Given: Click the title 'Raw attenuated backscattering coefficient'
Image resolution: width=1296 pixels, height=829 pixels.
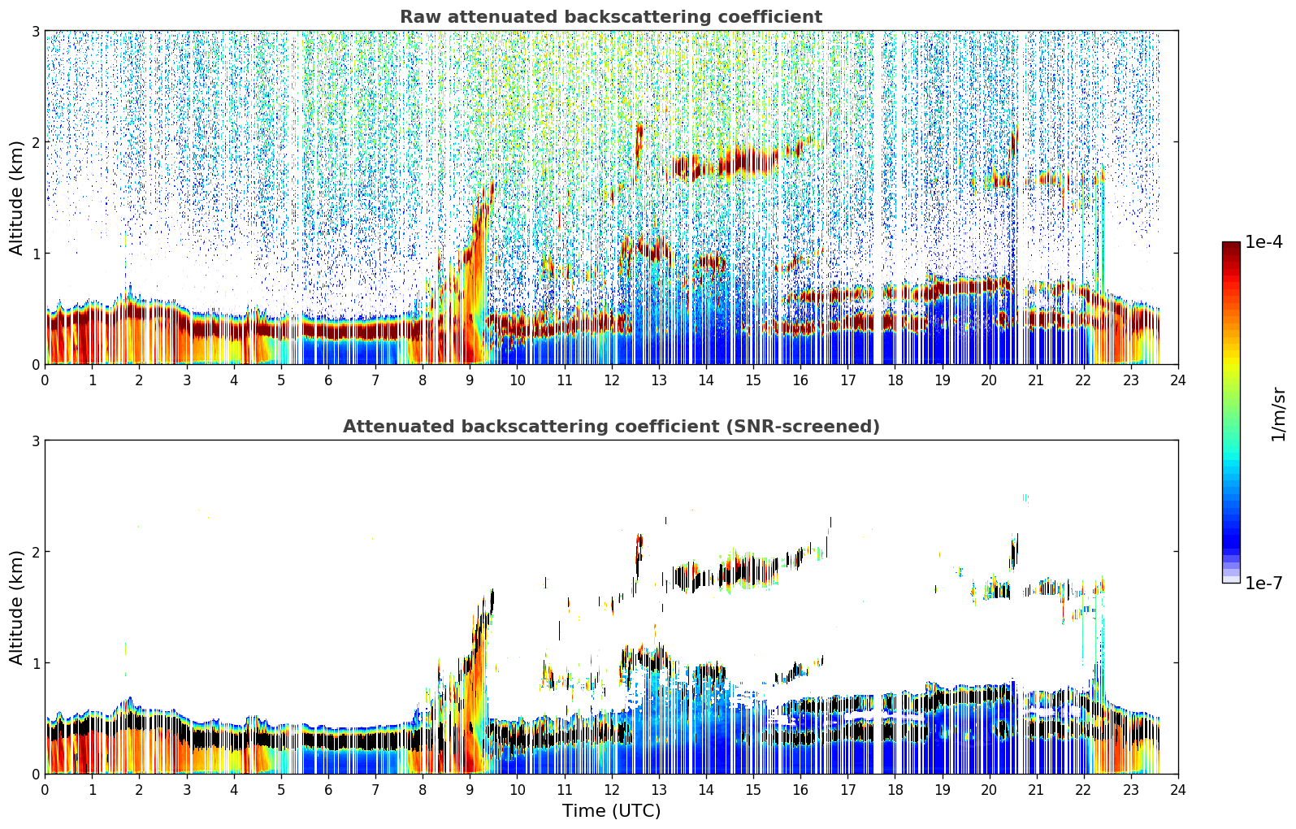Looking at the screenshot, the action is pyautogui.click(x=611, y=17).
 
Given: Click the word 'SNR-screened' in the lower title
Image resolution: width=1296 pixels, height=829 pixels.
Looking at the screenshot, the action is pyautogui.click(x=803, y=427).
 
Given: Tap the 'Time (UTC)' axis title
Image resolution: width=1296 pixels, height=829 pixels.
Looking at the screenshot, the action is pyautogui.click(x=611, y=811).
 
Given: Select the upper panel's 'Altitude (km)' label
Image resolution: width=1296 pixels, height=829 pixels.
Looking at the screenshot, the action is pyautogui.click(x=15, y=198).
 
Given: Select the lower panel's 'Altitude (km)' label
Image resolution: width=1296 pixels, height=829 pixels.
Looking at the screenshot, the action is pyautogui.click(x=15, y=608).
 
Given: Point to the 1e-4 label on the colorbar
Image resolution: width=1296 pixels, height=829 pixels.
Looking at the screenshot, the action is pyautogui.click(x=1263, y=242).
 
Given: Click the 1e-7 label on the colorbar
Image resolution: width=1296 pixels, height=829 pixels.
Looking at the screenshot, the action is pyautogui.click(x=1263, y=583).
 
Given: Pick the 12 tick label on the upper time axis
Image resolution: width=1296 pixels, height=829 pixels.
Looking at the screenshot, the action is pyautogui.click(x=612, y=380).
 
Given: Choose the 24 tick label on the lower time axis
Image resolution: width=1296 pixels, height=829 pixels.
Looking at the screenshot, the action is pyautogui.click(x=1178, y=790).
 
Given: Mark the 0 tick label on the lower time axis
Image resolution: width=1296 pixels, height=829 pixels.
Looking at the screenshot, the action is pyautogui.click(x=46, y=790).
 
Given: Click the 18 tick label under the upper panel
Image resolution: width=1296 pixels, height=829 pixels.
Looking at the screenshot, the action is pyautogui.click(x=895, y=380).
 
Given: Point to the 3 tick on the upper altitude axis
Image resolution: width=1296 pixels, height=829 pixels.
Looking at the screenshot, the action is pyautogui.click(x=35, y=31).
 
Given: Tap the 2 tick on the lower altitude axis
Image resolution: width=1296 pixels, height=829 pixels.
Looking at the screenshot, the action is pyautogui.click(x=35, y=552).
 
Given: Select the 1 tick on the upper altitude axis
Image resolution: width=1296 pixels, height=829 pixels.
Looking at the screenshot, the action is pyautogui.click(x=35, y=254).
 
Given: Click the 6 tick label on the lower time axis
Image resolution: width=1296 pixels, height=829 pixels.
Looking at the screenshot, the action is pyautogui.click(x=328, y=790).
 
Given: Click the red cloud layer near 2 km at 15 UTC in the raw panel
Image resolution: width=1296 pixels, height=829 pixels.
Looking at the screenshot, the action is pyautogui.click(x=747, y=161).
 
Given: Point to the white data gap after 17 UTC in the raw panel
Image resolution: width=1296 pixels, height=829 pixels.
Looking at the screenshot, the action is pyautogui.click(x=878, y=197).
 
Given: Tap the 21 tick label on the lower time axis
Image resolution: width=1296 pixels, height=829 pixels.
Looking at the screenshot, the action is pyautogui.click(x=1036, y=790).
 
